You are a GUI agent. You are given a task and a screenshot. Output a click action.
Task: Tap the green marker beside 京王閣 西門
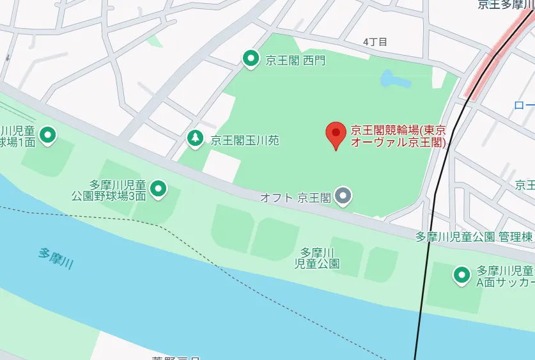251,59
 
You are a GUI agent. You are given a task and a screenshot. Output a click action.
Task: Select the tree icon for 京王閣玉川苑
196,137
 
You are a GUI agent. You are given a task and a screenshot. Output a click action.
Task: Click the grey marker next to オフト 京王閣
344,195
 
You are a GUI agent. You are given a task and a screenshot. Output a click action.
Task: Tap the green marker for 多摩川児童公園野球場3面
158,188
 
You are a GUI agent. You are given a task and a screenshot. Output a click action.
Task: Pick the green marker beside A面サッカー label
461,276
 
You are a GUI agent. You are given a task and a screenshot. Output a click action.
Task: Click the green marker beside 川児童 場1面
47,135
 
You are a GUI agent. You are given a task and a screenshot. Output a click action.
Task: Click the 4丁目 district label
375,42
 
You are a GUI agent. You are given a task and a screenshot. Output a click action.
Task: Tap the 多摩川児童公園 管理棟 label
474,237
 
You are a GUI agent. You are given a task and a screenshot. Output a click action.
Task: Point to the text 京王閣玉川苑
245,139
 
